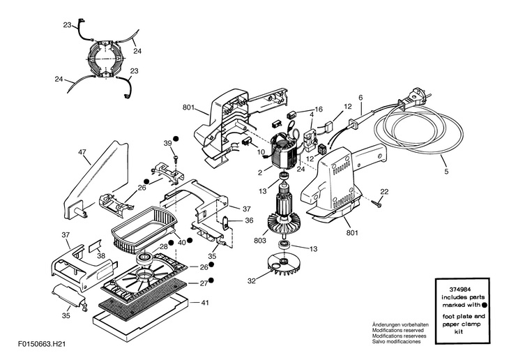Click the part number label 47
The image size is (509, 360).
[x=82, y=151]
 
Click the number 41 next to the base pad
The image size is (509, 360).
[x=205, y=303]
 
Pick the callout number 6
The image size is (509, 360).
[x=360, y=97]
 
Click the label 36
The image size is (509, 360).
[x=248, y=221]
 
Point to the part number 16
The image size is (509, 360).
[x=319, y=110]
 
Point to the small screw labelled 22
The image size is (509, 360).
[x=377, y=203]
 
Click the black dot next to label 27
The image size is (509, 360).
[x=211, y=281]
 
